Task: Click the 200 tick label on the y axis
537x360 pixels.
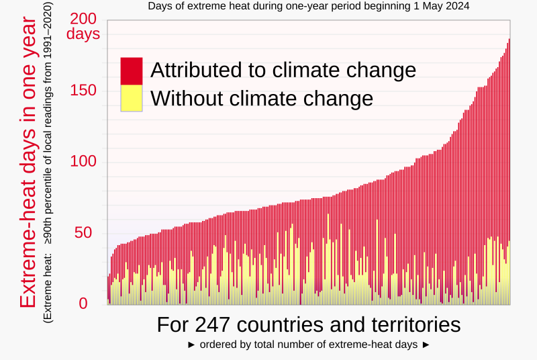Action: tap(83, 19)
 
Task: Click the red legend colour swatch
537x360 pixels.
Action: tap(132, 71)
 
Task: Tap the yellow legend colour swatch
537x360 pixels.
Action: tap(132, 98)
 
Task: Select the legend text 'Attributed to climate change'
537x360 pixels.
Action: tap(283, 71)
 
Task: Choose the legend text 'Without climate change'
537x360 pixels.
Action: tap(262, 99)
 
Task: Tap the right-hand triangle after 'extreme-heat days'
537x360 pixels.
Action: tap(425, 345)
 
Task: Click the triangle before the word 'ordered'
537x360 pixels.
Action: tap(191, 345)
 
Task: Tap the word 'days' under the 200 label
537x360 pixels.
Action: tap(83, 34)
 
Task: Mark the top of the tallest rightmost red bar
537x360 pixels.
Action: tap(509, 39)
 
